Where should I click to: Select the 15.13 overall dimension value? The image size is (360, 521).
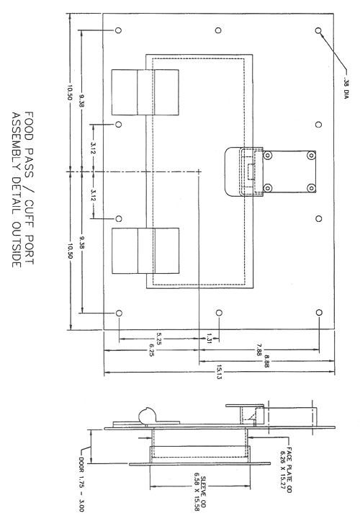tap(219, 373)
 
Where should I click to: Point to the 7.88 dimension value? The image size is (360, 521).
tap(259, 350)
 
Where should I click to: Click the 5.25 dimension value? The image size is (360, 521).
tap(158, 339)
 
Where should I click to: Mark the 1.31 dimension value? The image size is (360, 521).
tap(209, 339)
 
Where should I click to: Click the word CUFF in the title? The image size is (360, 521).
tap(29, 213)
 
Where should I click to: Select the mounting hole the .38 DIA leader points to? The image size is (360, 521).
tap(318, 30)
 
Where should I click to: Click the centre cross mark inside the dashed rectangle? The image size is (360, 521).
tap(199, 172)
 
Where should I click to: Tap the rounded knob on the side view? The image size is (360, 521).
tap(148, 416)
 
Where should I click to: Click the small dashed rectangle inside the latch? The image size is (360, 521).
tap(251, 172)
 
